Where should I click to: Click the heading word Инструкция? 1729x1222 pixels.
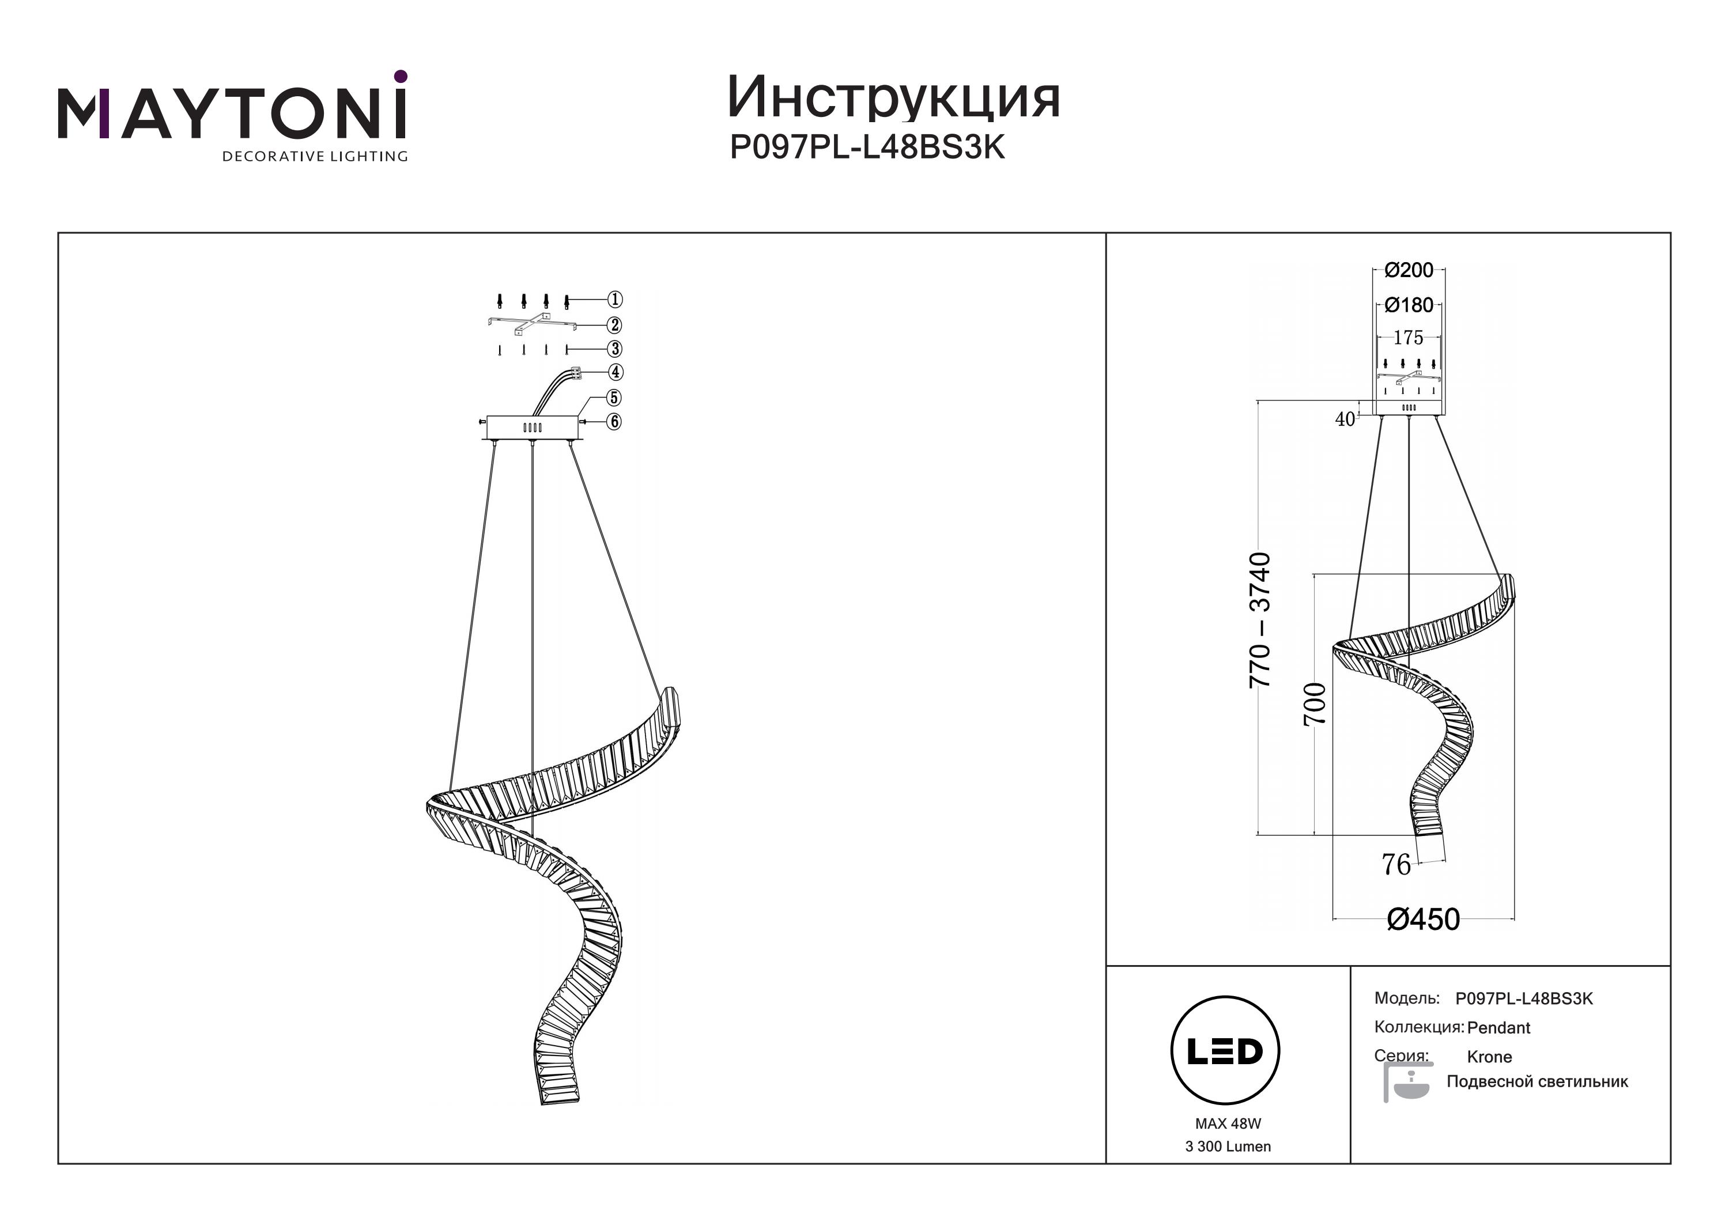(893, 98)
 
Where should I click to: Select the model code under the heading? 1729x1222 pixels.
(867, 147)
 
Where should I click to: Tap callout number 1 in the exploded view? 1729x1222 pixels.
(616, 300)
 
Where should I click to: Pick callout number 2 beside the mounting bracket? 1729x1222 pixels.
(616, 326)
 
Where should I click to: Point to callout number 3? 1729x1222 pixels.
(616, 349)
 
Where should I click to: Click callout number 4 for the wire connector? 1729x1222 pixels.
(616, 372)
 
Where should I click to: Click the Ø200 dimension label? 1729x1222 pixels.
(1409, 270)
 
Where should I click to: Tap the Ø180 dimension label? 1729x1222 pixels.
(1409, 305)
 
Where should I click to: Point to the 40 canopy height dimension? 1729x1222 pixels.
(1345, 419)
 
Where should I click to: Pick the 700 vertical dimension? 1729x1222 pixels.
(1314, 704)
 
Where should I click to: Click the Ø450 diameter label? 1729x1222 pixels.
(1424, 920)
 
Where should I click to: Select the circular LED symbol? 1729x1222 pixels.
(1225, 1051)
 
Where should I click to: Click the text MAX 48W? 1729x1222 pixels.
(1228, 1124)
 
